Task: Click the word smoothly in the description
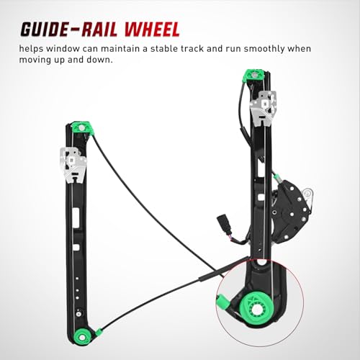(x=264, y=49)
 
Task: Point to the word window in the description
(x=63, y=48)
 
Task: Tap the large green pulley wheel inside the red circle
(x=256, y=308)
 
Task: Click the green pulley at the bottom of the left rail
(x=82, y=337)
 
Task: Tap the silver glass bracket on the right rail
(x=264, y=108)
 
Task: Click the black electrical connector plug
(x=222, y=223)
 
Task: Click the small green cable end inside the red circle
(x=222, y=302)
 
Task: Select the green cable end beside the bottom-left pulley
(x=99, y=333)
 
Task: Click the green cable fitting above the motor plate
(x=277, y=178)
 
